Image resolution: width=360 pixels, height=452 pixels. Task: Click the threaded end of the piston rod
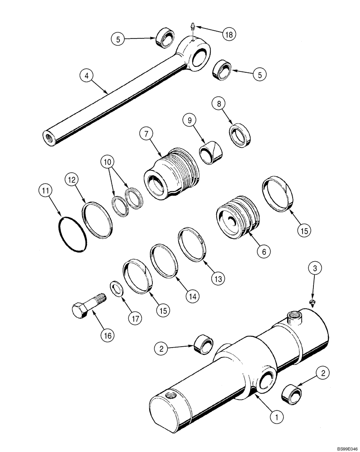pos(48,137)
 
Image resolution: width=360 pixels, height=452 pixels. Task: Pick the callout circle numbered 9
pos(189,121)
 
